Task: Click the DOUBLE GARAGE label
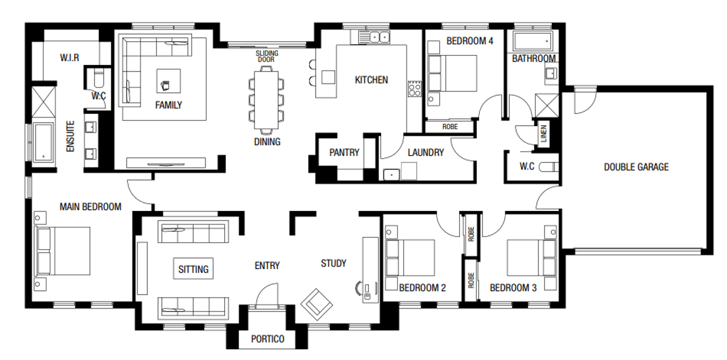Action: click(x=636, y=167)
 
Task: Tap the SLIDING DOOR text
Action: click(x=267, y=56)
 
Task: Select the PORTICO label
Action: click(x=267, y=339)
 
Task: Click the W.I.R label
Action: click(x=70, y=58)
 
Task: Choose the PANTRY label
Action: click(x=344, y=153)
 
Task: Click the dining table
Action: click(x=265, y=99)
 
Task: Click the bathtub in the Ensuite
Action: click(x=44, y=142)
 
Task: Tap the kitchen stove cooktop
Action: click(x=415, y=89)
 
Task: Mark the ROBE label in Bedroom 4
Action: click(x=450, y=127)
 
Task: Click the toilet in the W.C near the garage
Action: click(x=548, y=167)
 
